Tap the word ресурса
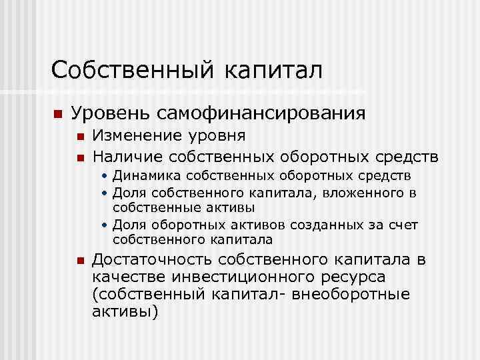[351, 277]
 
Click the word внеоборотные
[360, 293]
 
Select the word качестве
[129, 277]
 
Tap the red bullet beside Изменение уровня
[81, 137]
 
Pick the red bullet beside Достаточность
[81, 261]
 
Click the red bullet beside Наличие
[81, 157]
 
